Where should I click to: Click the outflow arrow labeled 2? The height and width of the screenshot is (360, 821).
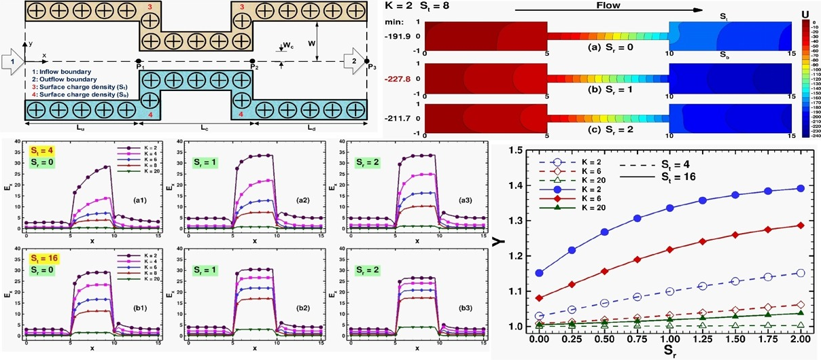click(353, 60)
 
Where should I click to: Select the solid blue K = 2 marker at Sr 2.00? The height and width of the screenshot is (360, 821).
click(801, 188)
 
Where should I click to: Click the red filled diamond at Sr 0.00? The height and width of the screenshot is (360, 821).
click(540, 298)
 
